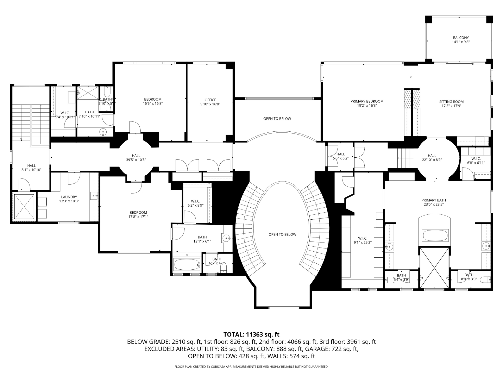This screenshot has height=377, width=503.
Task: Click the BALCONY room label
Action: click(461, 38)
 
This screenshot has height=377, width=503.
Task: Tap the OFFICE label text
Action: click(210, 100)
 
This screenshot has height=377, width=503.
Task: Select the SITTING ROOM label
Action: click(451, 102)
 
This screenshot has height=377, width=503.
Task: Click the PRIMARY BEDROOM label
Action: click(367, 101)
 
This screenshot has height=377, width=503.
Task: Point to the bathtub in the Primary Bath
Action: click(435, 235)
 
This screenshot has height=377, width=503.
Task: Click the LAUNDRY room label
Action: click(69, 197)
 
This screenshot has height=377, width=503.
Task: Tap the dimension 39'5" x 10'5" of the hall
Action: click(136, 160)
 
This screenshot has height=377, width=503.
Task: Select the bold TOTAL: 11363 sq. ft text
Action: click(251, 334)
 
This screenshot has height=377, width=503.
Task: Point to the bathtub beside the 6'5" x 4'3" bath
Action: click(187, 264)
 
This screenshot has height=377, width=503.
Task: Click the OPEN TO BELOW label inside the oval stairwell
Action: click(282, 234)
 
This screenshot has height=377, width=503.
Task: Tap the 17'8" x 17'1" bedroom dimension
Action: click(138, 217)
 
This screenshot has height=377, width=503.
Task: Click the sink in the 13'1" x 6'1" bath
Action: click(226, 238)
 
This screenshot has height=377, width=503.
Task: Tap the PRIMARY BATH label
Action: click(434, 200)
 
